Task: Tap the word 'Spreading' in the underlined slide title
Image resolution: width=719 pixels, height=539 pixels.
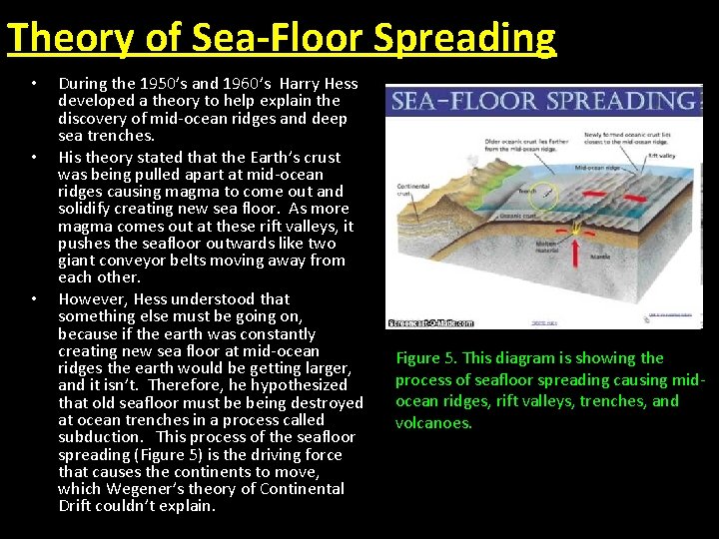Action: (465, 38)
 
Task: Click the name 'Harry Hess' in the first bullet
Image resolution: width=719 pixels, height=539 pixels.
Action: (318, 84)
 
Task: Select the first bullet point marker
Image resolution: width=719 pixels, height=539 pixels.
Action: (33, 84)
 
